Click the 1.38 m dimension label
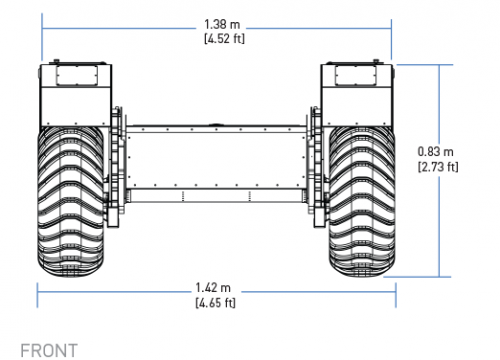pyautogui.click(x=222, y=24)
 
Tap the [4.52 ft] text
pyautogui.click(x=224, y=38)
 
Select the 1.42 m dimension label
pyautogui.click(x=213, y=288)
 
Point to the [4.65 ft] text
pyautogui.click(x=215, y=303)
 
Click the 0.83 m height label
pyautogui.click(x=435, y=152)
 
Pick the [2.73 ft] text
pyautogui.click(x=438, y=166)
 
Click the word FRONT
pyautogui.click(x=49, y=351)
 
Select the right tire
pyautogui.click(x=362, y=202)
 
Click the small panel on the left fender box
pyautogui.click(x=77, y=75)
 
